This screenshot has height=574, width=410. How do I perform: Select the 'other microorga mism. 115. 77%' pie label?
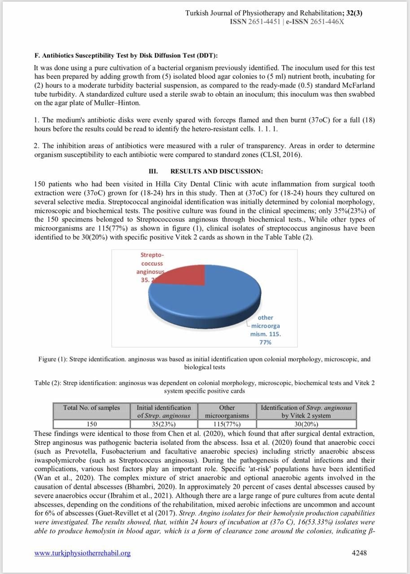click(265, 330)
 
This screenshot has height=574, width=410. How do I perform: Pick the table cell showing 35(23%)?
click(164, 424)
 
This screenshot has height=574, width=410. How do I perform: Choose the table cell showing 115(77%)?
click(227, 424)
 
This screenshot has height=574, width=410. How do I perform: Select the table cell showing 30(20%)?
click(306, 424)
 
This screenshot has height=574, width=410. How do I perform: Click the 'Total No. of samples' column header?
click(92, 408)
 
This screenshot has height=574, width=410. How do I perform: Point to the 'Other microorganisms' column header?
click(227, 411)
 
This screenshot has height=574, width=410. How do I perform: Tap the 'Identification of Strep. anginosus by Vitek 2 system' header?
click(306, 411)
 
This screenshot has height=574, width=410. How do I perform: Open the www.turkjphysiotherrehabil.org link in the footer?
click(83, 553)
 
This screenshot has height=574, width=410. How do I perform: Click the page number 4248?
click(359, 553)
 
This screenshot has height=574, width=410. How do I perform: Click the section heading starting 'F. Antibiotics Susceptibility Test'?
click(126, 56)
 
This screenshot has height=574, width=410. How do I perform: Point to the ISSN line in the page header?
click(287, 21)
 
